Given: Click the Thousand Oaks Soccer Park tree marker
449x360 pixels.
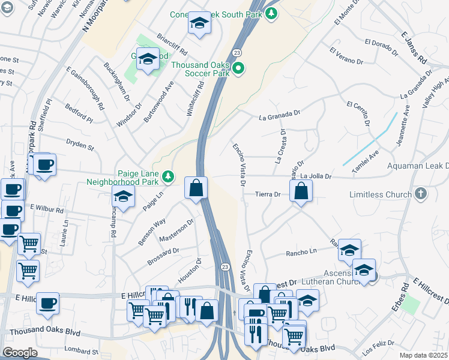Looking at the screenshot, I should (x=238, y=68).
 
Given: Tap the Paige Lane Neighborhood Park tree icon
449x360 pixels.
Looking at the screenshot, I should (x=169, y=176).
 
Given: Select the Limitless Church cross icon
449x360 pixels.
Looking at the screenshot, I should (x=421, y=194).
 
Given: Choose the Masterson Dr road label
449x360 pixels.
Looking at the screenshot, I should (x=177, y=231).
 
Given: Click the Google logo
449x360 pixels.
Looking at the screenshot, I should (x=20, y=353).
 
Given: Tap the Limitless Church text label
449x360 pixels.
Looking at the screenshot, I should (x=381, y=194).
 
